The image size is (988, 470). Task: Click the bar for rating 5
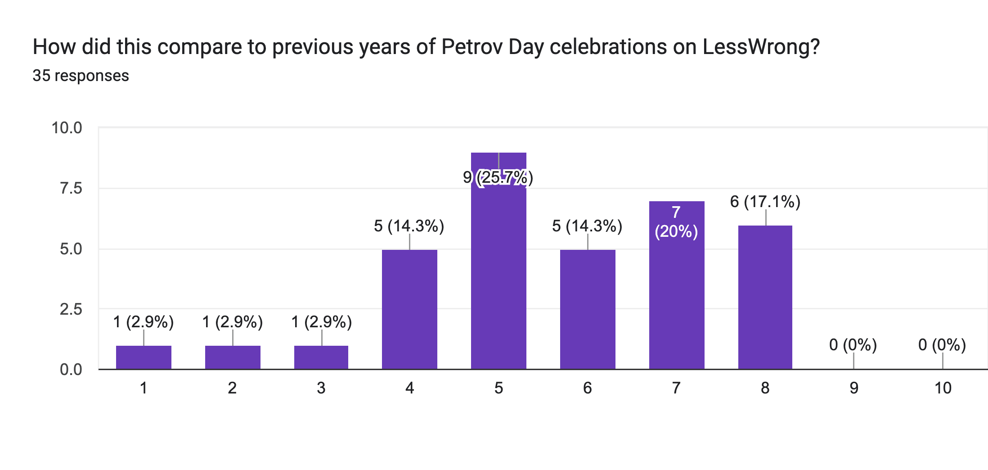coord(498,270)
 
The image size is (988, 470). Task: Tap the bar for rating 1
coord(144,357)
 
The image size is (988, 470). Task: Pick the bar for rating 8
coord(765,297)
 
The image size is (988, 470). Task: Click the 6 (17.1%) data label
coord(765,202)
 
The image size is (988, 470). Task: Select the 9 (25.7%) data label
coord(498,177)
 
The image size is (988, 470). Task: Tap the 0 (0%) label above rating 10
coord(942,345)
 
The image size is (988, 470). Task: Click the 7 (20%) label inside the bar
coord(676,222)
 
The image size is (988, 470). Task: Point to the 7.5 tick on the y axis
coord(71,188)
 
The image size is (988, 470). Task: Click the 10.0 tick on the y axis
coord(67,128)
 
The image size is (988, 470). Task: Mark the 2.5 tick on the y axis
coord(71,309)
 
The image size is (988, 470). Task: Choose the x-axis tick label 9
coord(853,388)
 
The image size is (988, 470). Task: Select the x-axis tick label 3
coord(321,388)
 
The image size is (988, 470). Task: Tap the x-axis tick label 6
coord(587,388)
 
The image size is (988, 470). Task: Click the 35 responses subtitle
coord(81,76)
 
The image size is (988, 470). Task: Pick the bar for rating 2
coord(233,357)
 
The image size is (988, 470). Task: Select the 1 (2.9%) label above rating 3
coord(321,322)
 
